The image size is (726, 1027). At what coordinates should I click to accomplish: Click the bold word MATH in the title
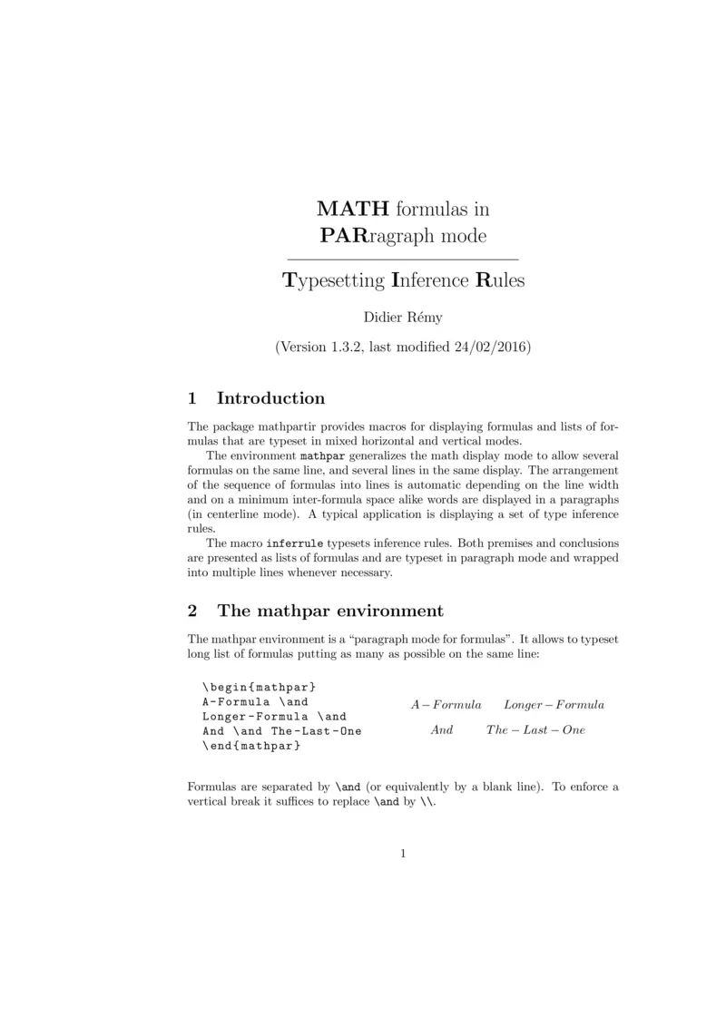(352, 209)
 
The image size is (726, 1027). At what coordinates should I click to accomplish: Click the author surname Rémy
(421, 317)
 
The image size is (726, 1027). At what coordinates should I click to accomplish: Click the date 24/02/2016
(487, 347)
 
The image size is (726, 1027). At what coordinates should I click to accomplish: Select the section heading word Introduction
(270, 398)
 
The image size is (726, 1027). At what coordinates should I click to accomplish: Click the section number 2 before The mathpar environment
(191, 611)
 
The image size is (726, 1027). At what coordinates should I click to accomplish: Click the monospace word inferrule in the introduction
(297, 543)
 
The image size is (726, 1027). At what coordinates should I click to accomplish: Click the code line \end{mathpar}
(251, 746)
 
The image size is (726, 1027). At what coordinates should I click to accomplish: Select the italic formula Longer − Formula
(554, 705)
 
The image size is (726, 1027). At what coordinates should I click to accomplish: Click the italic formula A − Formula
(446, 705)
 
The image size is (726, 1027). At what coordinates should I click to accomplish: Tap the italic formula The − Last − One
(535, 730)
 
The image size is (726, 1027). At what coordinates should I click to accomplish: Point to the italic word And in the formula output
(442, 730)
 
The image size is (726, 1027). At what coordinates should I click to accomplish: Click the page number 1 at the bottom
(402, 853)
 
